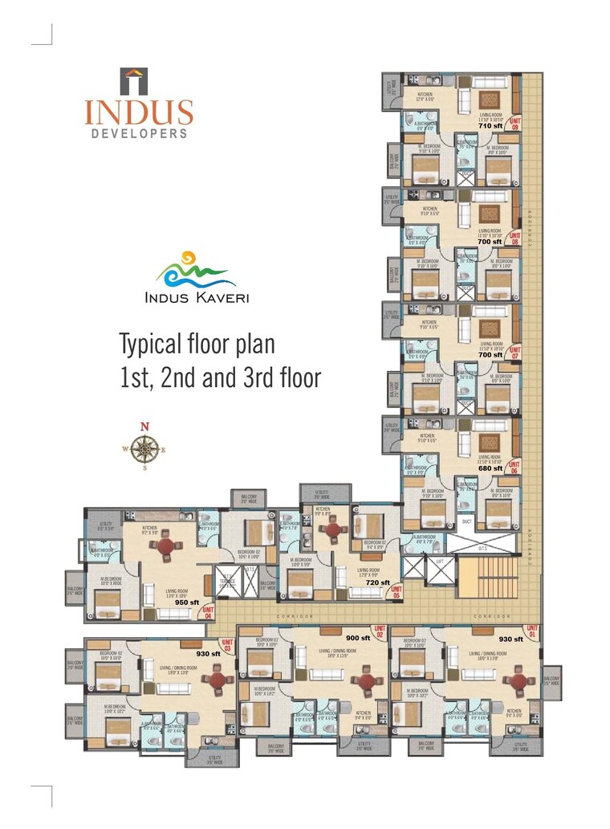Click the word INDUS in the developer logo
(x=139, y=111)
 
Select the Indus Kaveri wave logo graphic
(x=196, y=271)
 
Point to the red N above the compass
(x=144, y=427)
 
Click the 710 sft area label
(x=490, y=126)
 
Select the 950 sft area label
(x=186, y=602)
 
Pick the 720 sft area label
(x=377, y=582)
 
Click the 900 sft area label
(x=358, y=638)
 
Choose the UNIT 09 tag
(x=514, y=125)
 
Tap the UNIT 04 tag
(x=209, y=612)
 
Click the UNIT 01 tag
(x=531, y=631)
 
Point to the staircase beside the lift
(x=488, y=578)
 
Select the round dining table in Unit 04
(x=165, y=545)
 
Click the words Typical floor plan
(x=197, y=345)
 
